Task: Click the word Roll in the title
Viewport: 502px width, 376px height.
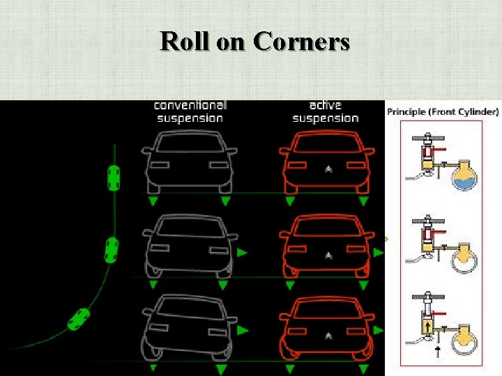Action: (x=185, y=42)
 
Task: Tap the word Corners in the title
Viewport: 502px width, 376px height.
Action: (x=301, y=42)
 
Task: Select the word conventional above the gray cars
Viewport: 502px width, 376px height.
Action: (x=190, y=105)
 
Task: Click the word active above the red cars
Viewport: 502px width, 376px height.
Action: (x=325, y=105)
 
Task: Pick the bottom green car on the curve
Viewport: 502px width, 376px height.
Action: (x=79, y=318)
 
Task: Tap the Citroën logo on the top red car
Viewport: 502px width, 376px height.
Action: (x=328, y=169)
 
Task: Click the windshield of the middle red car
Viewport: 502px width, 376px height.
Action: (x=326, y=227)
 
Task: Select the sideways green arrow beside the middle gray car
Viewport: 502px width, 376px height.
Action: (x=242, y=253)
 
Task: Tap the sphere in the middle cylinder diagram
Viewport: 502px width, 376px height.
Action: (x=462, y=259)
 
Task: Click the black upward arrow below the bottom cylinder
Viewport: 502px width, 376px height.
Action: (x=437, y=352)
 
